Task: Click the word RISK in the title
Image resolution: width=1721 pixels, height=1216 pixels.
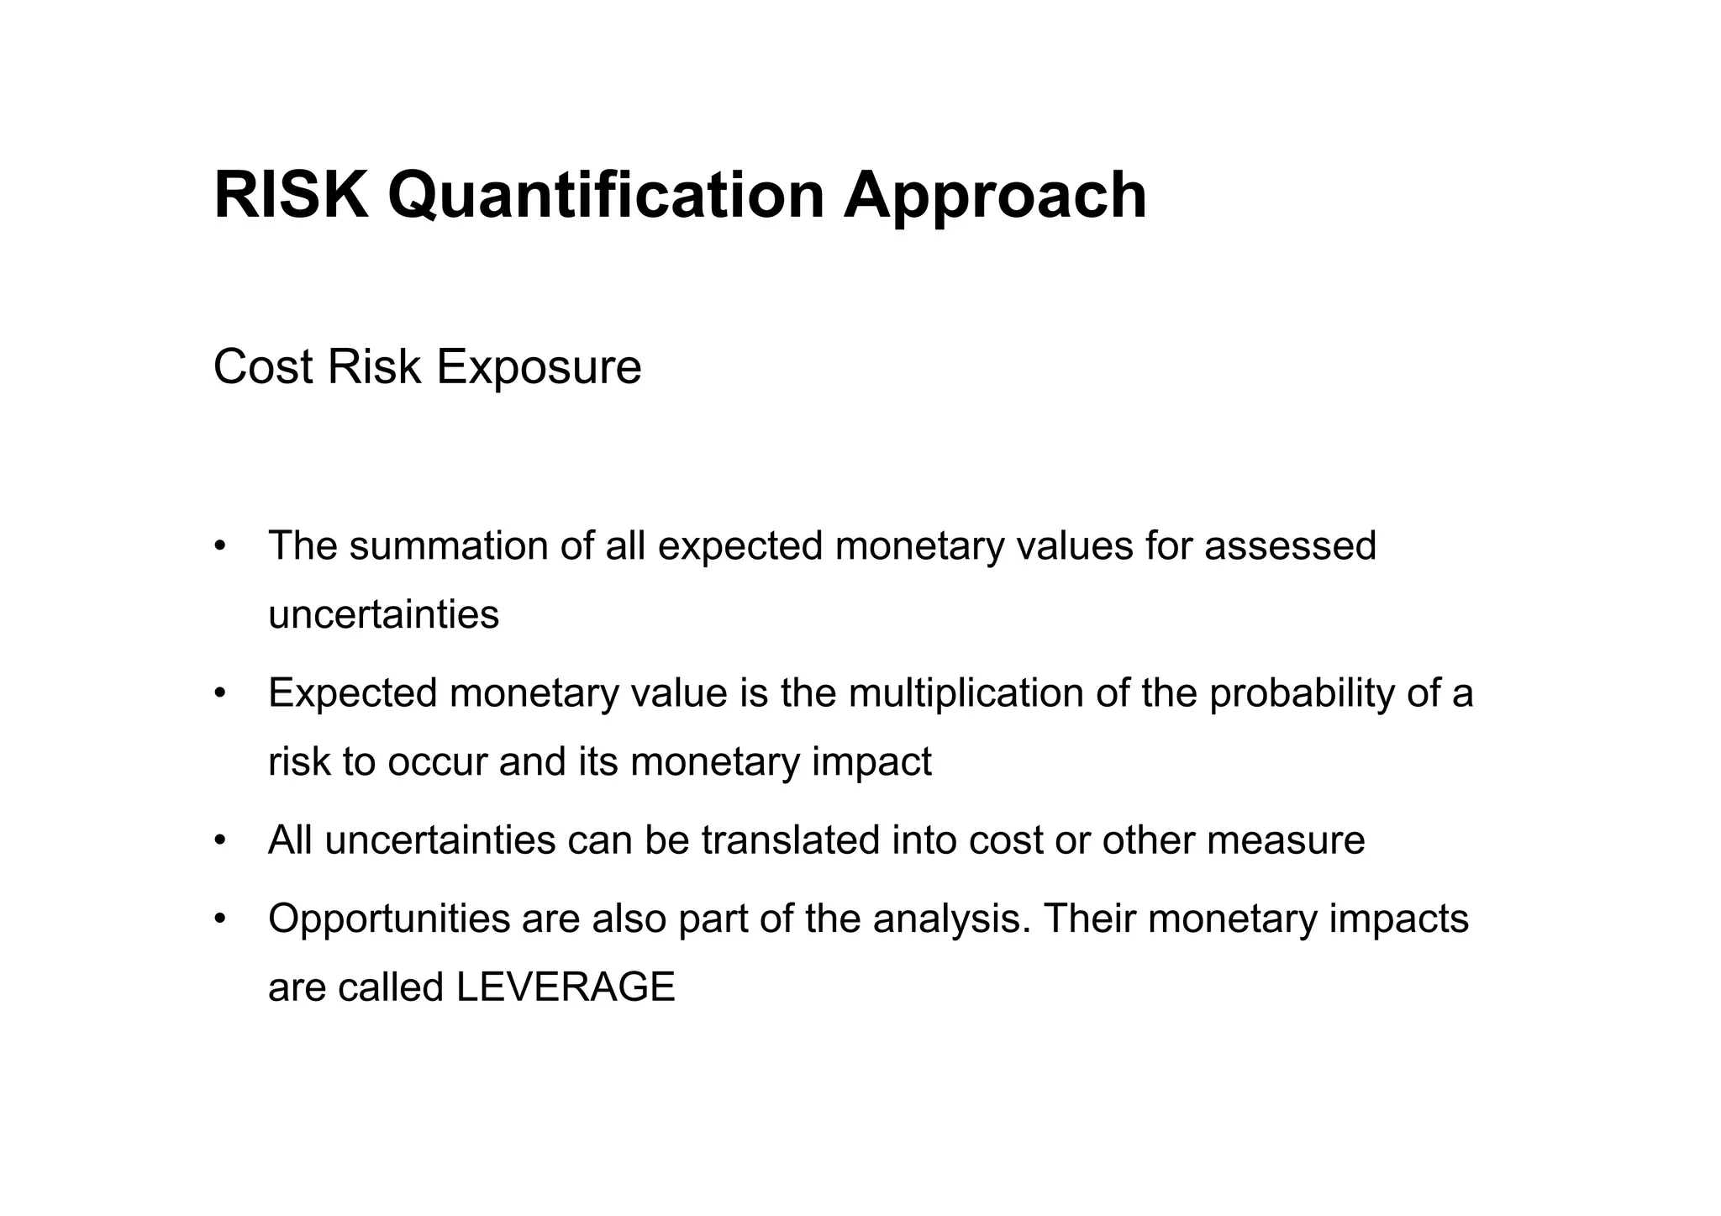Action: click(x=291, y=195)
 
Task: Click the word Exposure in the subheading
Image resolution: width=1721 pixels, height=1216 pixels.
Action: click(x=539, y=368)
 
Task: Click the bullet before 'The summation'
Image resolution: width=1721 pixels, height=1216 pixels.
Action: click(x=220, y=545)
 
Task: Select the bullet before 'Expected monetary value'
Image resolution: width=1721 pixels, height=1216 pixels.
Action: click(x=220, y=694)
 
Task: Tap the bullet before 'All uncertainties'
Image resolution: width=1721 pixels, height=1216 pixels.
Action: click(x=220, y=840)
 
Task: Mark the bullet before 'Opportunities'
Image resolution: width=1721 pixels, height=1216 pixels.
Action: click(x=220, y=919)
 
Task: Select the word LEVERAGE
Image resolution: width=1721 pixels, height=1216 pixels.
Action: click(x=566, y=987)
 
